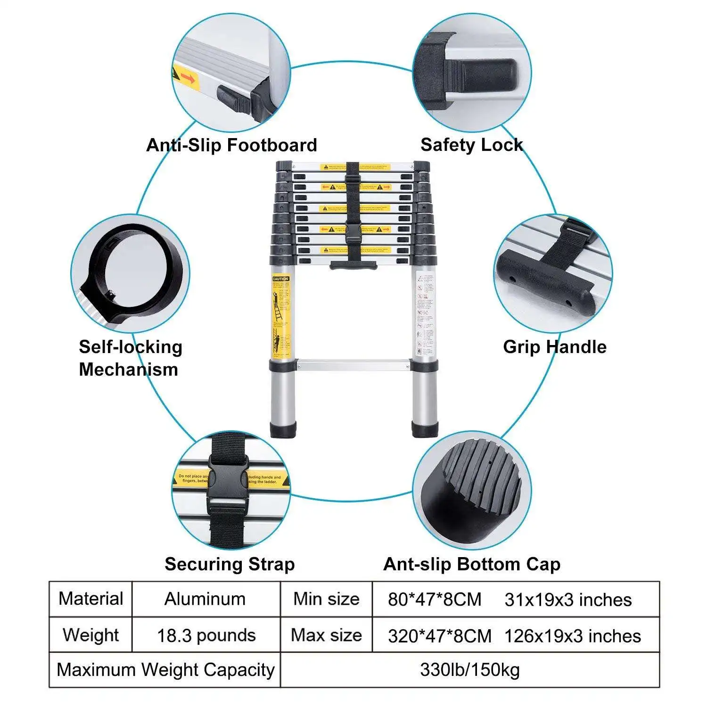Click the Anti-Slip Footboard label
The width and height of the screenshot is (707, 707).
[231, 145]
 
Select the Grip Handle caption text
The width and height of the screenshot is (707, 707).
[554, 347]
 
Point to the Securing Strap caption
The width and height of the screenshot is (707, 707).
[230, 564]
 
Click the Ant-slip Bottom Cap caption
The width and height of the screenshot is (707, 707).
[471, 564]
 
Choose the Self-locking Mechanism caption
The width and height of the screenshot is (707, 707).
[130, 358]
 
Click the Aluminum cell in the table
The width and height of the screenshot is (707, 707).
[205, 599]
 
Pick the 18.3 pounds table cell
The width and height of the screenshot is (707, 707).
[206, 635]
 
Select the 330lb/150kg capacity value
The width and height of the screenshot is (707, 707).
[469, 669]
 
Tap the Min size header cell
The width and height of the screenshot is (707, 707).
[326, 599]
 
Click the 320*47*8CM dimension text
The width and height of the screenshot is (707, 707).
[439, 636]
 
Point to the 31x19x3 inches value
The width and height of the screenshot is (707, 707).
[567, 600]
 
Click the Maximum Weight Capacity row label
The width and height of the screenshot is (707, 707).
[165, 669]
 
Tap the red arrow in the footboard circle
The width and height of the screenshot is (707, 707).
[188, 78]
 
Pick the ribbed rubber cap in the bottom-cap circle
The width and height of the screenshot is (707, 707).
[471, 490]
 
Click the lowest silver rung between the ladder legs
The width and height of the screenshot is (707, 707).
[353, 364]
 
